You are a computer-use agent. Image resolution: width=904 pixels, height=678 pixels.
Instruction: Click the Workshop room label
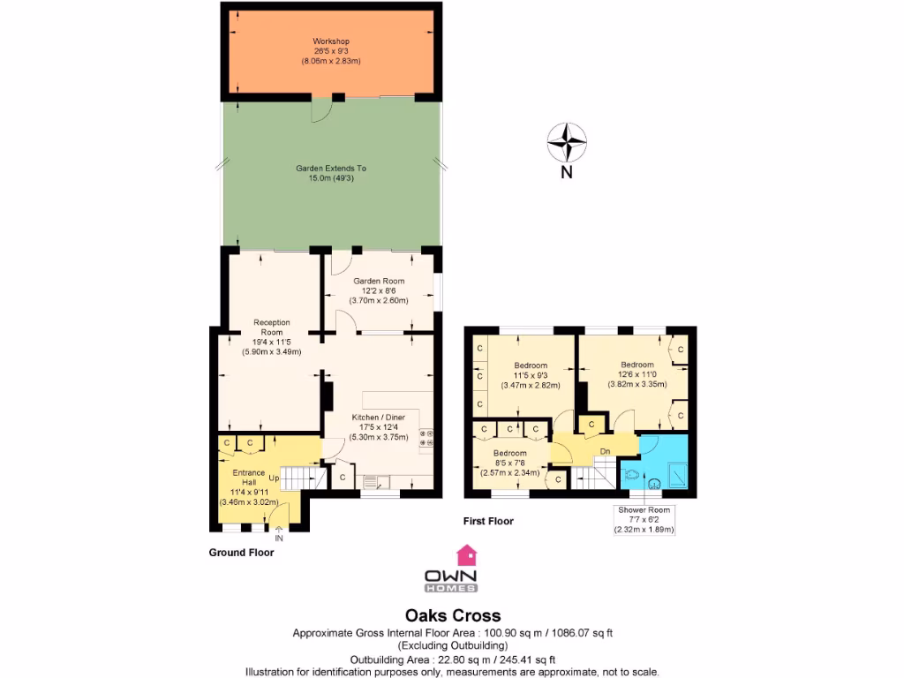331,51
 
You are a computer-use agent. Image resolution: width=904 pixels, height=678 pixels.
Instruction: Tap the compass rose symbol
567,141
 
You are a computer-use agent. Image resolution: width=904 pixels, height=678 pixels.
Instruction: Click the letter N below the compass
567,173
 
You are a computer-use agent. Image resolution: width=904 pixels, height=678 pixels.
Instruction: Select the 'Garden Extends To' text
331,173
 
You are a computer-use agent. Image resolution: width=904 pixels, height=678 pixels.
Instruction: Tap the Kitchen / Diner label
379,426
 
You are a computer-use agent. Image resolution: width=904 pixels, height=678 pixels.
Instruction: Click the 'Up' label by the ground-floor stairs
275,478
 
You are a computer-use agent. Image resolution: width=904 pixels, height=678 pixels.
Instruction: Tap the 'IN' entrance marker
279,538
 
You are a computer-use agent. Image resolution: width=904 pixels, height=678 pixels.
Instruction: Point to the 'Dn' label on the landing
605,452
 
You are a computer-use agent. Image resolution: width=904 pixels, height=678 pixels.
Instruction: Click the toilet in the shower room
632,474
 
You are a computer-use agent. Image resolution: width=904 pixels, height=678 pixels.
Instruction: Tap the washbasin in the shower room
655,484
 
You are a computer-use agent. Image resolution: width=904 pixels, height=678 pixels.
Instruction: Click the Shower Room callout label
644,520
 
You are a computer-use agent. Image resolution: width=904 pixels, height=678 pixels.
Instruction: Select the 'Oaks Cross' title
452,615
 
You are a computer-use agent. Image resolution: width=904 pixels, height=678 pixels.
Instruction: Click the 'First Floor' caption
488,522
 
